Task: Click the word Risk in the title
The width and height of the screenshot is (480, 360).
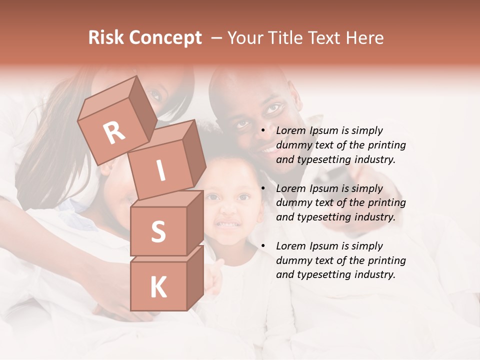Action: (x=106, y=38)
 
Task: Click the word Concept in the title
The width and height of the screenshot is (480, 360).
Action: (x=165, y=38)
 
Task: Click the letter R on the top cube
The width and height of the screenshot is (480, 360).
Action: (x=114, y=133)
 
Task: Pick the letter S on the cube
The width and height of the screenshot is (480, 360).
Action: (x=158, y=231)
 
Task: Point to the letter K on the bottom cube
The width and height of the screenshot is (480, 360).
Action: (x=158, y=287)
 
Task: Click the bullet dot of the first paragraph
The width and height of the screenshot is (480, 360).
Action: (x=263, y=131)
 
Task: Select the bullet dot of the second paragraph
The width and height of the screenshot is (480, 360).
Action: (x=263, y=189)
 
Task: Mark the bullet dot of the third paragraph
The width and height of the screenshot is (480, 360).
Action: (x=263, y=246)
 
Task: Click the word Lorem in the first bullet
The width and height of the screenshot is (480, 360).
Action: (x=290, y=131)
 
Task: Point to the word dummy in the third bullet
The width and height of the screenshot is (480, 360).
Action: (x=293, y=260)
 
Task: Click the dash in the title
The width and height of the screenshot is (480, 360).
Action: (x=217, y=38)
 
